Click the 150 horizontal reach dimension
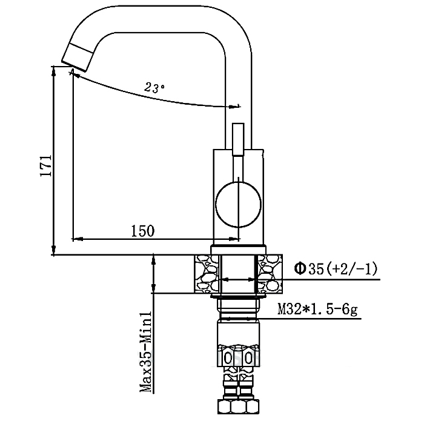(x=143, y=231)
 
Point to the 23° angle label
(x=154, y=87)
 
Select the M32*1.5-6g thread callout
(x=317, y=310)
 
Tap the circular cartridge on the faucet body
(x=238, y=204)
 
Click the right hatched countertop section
(x=270, y=274)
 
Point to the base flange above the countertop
(x=238, y=250)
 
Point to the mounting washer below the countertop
(x=238, y=297)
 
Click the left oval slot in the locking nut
(x=228, y=358)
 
